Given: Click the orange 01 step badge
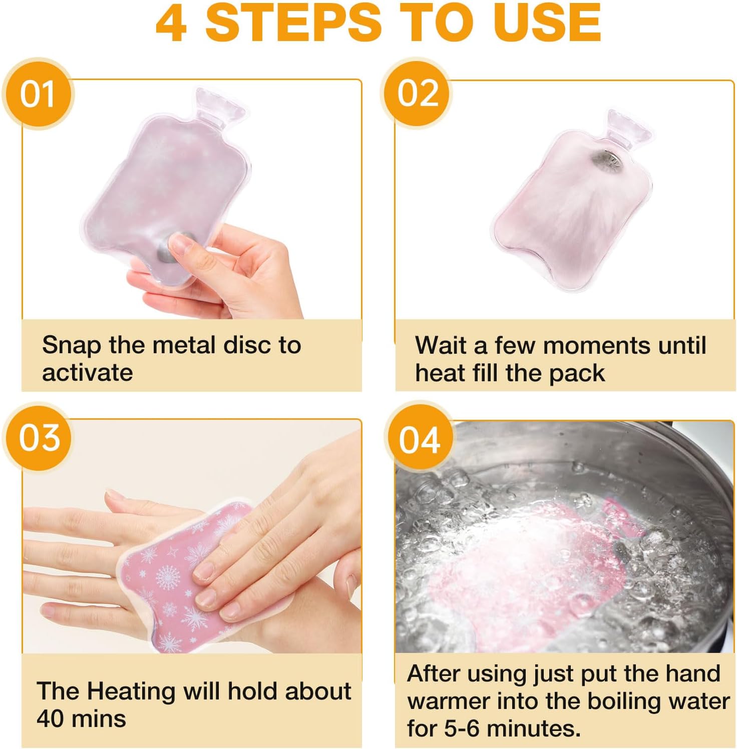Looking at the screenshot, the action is [x=38, y=94].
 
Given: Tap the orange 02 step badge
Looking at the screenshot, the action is [x=417, y=93].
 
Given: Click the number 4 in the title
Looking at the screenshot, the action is [x=172, y=23].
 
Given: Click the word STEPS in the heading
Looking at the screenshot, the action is [x=293, y=23].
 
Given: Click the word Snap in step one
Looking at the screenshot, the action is [x=72, y=346].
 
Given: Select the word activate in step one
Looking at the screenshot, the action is [x=88, y=373].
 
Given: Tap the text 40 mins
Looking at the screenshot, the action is [x=81, y=719].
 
